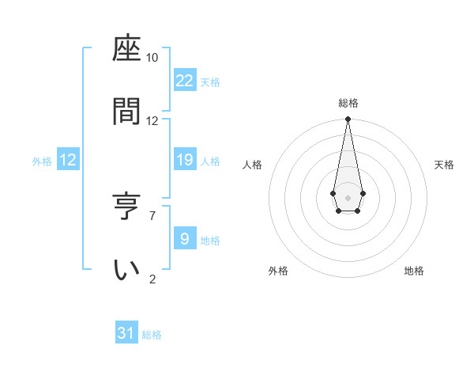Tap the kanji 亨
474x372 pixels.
(127, 205)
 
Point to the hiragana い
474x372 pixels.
(127, 269)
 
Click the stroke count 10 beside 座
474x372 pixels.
(152, 58)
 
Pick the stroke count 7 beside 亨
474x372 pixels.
(152, 214)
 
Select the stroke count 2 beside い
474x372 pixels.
(152, 279)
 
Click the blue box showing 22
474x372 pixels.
(185, 81)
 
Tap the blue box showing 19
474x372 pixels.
(185, 160)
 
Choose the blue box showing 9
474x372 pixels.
(185, 238)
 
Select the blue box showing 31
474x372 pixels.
(126, 333)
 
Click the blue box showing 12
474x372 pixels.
(68, 160)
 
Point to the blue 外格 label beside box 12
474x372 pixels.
(42, 161)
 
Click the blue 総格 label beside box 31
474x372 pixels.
(152, 335)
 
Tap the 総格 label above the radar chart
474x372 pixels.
(348, 103)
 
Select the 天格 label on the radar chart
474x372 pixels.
(444, 165)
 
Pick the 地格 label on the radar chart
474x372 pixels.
(414, 271)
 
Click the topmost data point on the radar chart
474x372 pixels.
(348, 120)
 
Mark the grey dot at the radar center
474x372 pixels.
(348, 196)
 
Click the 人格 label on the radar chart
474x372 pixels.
(253, 165)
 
